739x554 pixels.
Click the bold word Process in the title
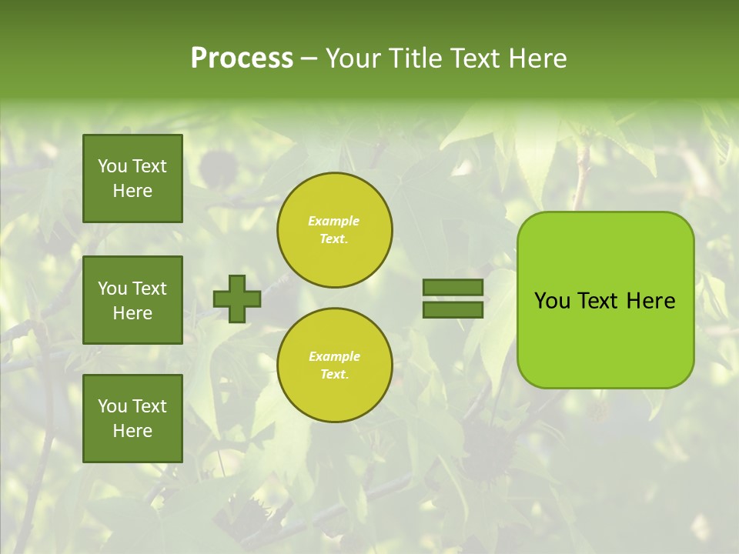(x=242, y=58)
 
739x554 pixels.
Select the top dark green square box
(x=132, y=179)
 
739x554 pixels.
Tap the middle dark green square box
(x=132, y=300)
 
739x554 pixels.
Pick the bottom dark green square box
(x=132, y=419)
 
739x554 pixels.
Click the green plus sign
(x=237, y=299)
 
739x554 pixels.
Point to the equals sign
(x=453, y=299)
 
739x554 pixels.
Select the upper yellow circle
(x=335, y=230)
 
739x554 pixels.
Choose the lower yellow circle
(x=335, y=365)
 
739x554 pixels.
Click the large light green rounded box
(x=605, y=300)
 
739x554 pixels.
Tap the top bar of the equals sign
(x=453, y=288)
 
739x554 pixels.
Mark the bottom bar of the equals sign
(x=453, y=309)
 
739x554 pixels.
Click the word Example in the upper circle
(x=334, y=222)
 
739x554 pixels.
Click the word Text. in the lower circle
(x=335, y=375)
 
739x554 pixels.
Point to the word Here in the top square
(x=132, y=191)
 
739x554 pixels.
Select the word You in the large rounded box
(x=552, y=301)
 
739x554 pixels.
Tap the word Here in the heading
(x=539, y=58)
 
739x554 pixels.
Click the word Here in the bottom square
(x=132, y=431)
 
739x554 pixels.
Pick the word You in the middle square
(x=112, y=289)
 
